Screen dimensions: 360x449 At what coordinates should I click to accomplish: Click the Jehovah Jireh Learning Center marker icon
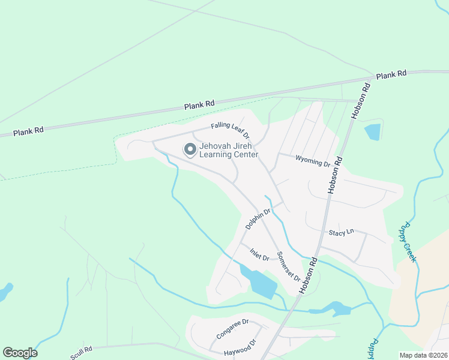coord(190,149)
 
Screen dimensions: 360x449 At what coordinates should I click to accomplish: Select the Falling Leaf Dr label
coord(229,129)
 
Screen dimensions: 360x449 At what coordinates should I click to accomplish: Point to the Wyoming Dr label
coord(313,161)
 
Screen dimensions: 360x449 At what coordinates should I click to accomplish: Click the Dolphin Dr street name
coord(258,218)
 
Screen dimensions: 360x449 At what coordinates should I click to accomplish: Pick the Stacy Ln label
coord(342,232)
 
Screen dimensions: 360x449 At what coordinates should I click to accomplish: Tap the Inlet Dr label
coord(259,253)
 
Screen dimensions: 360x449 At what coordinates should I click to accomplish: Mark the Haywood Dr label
coord(240,347)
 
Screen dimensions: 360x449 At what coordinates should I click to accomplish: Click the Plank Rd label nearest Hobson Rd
coord(391,74)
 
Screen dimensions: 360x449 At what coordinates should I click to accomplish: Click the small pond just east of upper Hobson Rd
coord(372,131)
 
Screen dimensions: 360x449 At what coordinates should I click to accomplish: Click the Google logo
coord(20,353)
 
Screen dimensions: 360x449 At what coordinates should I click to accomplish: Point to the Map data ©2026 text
coord(423,355)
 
